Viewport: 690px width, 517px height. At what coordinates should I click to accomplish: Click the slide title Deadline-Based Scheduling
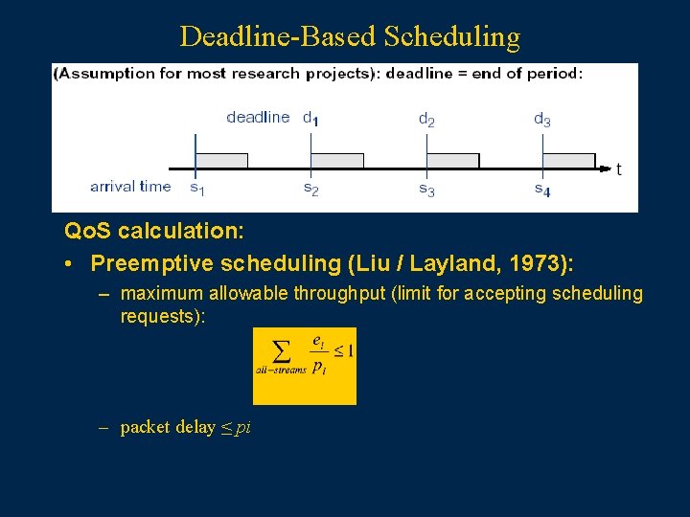[350, 36]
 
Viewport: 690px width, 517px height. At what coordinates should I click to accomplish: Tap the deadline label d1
[311, 119]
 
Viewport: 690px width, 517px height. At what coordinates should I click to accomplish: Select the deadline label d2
[426, 120]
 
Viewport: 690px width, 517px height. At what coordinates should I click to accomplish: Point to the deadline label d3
[541, 120]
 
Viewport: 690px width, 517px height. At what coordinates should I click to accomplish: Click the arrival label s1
[196, 189]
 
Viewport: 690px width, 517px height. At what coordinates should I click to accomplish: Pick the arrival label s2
[311, 189]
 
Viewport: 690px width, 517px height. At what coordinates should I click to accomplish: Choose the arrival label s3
[426, 190]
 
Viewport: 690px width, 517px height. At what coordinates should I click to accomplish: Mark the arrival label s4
[542, 190]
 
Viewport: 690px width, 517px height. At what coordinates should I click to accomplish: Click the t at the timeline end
[619, 169]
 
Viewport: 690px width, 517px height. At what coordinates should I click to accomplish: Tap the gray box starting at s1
[221, 161]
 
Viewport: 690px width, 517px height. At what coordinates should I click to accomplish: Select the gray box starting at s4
[568, 161]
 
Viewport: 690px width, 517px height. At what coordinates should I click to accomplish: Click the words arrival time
[130, 187]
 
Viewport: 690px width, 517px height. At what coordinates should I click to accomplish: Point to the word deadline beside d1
[258, 118]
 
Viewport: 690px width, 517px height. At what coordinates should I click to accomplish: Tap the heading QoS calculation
[153, 232]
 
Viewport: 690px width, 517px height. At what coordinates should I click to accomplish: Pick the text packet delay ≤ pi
[185, 427]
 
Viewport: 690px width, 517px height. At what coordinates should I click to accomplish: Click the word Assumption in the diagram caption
[103, 74]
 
